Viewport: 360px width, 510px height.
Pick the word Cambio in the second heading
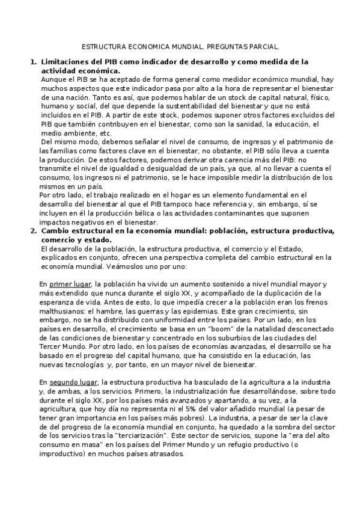pos(57,230)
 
